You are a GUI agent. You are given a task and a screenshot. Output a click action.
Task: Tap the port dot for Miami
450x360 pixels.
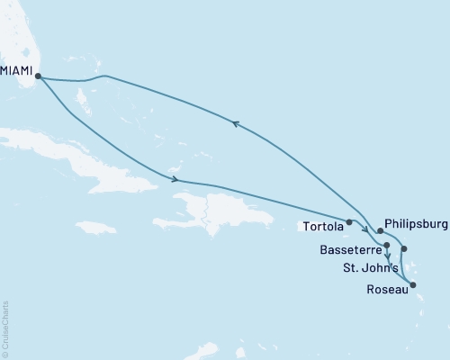coord(37,76)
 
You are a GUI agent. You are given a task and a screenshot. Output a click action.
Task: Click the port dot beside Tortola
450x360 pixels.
coord(348,220)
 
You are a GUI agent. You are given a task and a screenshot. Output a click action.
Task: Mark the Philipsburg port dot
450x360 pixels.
coord(381,231)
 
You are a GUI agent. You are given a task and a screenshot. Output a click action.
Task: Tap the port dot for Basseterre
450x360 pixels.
coord(386,245)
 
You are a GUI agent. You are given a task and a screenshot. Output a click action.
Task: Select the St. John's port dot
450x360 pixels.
coord(404,248)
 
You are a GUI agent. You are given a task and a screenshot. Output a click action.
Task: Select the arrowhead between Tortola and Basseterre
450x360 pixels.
coord(366,229)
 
